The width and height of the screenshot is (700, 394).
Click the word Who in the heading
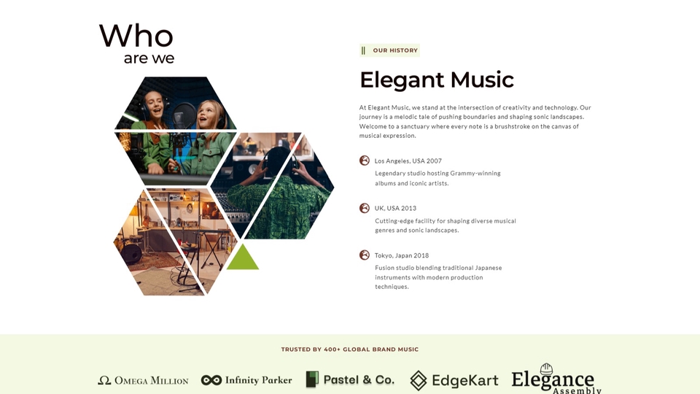point(136,36)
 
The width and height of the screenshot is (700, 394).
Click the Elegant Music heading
point(437,80)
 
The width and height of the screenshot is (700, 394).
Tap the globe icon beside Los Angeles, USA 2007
point(365,161)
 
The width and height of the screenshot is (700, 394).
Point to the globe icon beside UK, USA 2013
point(365,208)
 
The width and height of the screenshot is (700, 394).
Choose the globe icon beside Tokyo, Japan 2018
point(365,255)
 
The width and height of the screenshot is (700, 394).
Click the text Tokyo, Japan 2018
point(402,255)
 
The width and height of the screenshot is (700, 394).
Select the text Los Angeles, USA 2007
point(408,161)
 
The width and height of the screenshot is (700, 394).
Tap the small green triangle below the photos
point(242,258)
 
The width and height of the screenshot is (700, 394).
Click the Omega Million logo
point(144,380)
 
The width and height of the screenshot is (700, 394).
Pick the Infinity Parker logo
point(246,380)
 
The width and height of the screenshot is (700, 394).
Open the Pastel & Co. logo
point(351,379)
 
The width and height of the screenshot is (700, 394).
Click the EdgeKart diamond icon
point(419,381)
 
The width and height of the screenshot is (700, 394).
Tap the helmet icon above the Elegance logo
point(546,369)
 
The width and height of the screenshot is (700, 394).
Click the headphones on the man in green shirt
point(278,160)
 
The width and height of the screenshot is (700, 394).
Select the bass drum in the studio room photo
point(131,253)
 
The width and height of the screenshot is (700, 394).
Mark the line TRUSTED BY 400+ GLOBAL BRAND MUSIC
point(350,349)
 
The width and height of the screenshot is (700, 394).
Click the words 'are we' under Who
point(149,58)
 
